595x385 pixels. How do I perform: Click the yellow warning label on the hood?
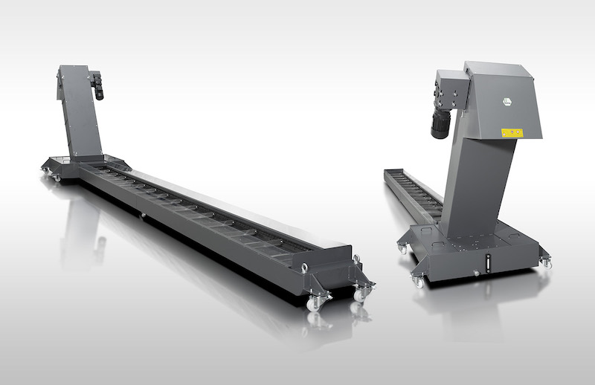pyautogui.click(x=512, y=133)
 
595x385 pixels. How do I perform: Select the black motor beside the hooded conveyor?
pyautogui.click(x=440, y=123)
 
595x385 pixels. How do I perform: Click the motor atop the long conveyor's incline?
pyautogui.click(x=96, y=85)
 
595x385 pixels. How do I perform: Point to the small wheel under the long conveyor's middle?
pyautogui.click(x=142, y=216)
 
